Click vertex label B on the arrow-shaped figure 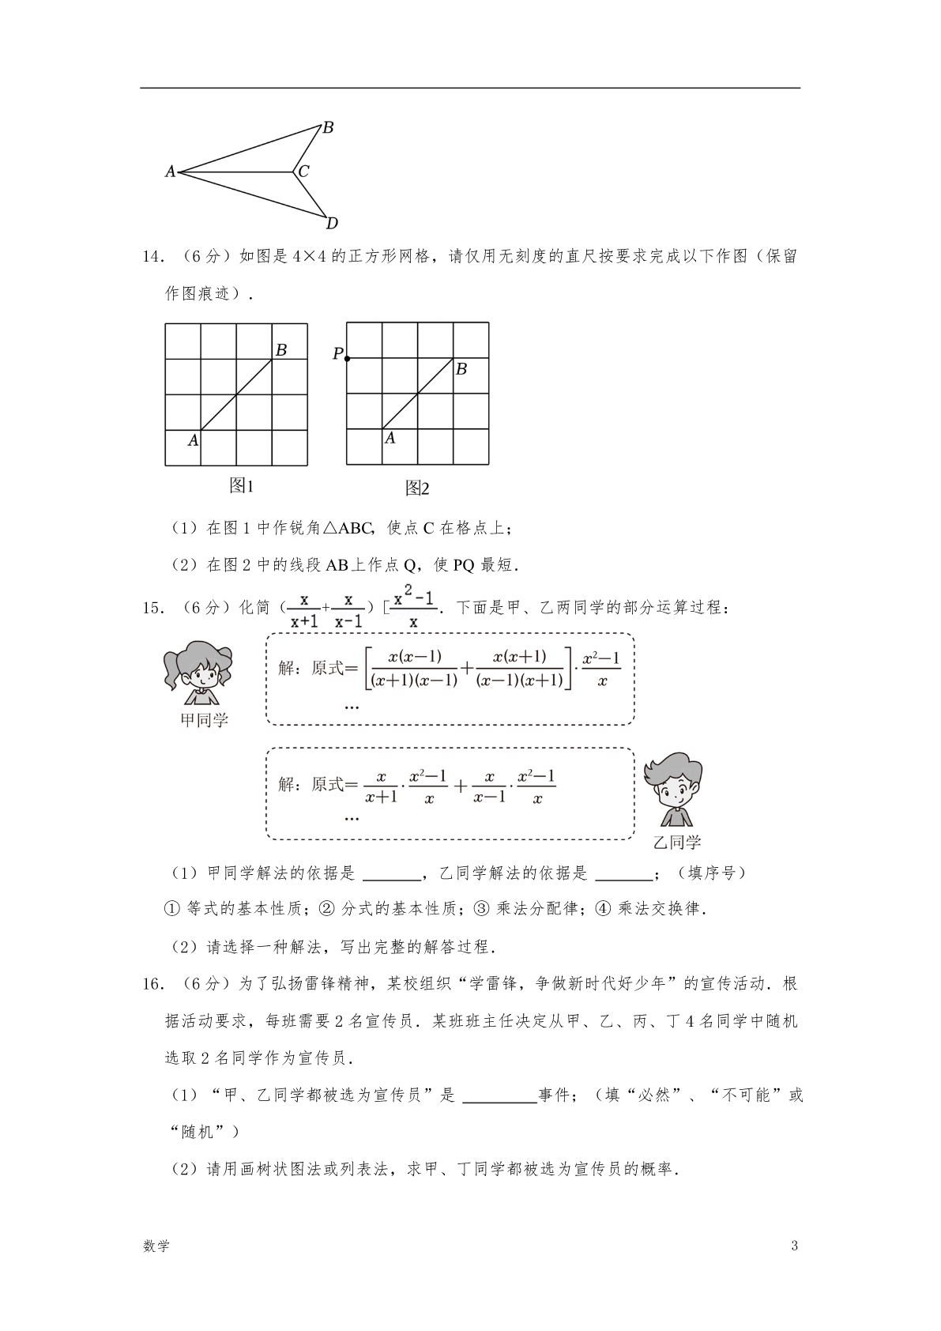(328, 127)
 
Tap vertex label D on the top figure (332, 223)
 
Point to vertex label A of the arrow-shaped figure (170, 171)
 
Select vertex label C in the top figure (303, 171)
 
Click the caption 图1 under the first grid (241, 485)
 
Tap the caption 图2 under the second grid (416, 488)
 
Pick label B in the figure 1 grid (280, 349)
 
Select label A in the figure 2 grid (390, 438)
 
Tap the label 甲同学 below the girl (204, 720)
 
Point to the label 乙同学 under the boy (677, 843)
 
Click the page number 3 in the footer (794, 1246)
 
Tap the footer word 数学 (156, 1246)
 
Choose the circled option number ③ (480, 909)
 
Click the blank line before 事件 (499, 1095)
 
